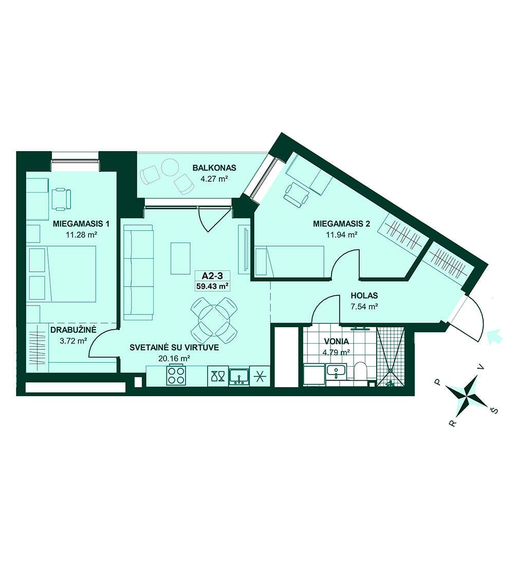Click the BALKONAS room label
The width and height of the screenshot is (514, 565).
[214, 167]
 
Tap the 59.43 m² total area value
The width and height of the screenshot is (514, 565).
[212, 286]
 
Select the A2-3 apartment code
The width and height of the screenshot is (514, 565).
[212, 276]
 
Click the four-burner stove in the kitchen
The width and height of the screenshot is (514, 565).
[176, 375]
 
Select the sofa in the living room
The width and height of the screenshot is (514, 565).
[138, 273]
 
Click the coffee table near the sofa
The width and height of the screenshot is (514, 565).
[180, 258]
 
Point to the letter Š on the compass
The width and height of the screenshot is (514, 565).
[493, 410]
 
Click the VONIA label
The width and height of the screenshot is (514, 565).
[336, 341]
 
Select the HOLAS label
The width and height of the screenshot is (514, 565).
[364, 296]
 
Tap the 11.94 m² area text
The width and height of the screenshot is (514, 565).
[341, 235]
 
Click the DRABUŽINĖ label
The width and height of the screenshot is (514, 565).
[74, 329]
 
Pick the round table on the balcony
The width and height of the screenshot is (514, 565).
[170, 168]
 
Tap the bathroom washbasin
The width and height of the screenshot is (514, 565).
[336, 371]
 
